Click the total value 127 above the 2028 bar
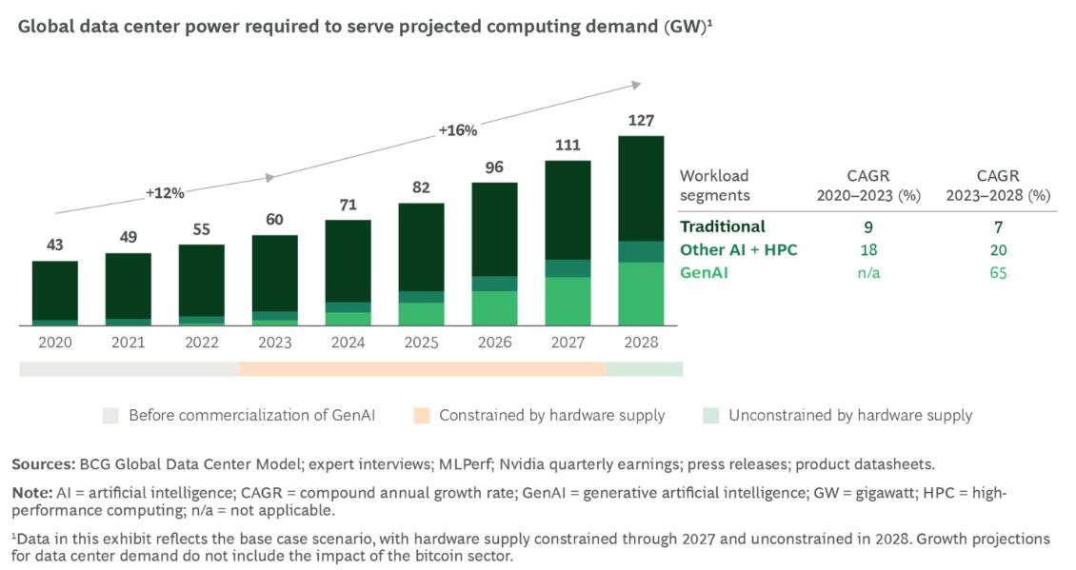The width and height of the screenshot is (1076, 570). pyautogui.click(x=641, y=121)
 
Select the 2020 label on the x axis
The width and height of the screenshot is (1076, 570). pyautogui.click(x=54, y=343)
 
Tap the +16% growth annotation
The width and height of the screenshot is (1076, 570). pyautogui.click(x=457, y=130)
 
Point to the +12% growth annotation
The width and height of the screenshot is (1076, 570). pyautogui.click(x=165, y=192)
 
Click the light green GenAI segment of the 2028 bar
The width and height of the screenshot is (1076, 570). pyautogui.click(x=641, y=294)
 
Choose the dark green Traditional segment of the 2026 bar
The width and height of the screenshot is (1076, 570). pyautogui.click(x=494, y=228)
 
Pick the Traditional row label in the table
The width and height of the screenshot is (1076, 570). pyautogui.click(x=722, y=226)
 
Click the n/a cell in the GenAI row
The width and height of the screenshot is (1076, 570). pyautogui.click(x=867, y=273)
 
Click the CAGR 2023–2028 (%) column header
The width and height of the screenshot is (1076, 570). pyautogui.click(x=999, y=186)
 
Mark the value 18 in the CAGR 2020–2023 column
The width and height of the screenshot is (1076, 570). pyautogui.click(x=867, y=250)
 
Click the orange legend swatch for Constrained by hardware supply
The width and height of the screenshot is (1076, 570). pyautogui.click(x=422, y=415)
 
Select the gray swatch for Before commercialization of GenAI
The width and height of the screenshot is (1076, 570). pyautogui.click(x=111, y=415)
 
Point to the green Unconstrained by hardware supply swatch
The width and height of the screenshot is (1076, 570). pyautogui.click(x=710, y=415)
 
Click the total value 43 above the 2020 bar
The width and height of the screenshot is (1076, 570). pyautogui.click(x=54, y=246)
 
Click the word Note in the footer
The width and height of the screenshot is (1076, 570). pyautogui.click(x=29, y=494)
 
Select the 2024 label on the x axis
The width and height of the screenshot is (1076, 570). pyautogui.click(x=348, y=343)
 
